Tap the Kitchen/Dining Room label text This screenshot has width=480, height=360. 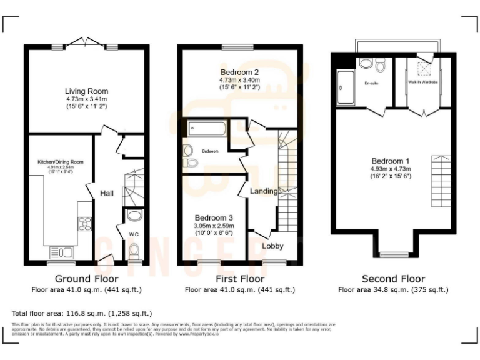click(x=60, y=162)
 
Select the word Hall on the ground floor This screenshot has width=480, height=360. click(x=106, y=194)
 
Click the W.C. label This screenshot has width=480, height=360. click(x=133, y=235)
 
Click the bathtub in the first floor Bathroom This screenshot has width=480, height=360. click(x=206, y=130)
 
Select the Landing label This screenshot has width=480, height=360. click(x=264, y=191)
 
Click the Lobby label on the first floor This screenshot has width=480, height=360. click(x=272, y=246)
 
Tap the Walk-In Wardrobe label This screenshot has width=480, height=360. click(x=423, y=82)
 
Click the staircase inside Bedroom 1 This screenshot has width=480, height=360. click(x=441, y=181)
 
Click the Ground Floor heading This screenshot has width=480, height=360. click(x=86, y=279)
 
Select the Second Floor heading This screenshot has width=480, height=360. click(x=393, y=279)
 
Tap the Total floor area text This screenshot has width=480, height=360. click(x=82, y=312)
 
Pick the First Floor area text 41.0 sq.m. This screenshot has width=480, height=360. click(x=239, y=290)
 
